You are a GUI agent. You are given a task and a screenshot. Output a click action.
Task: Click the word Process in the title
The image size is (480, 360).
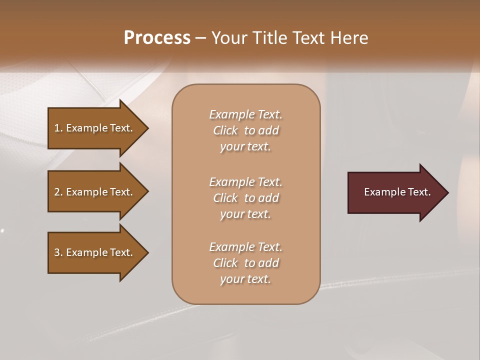pos(157,37)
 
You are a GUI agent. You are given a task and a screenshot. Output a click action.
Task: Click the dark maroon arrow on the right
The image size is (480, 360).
pos(395,192)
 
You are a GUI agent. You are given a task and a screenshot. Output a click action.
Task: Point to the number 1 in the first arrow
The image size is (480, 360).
pos(57,128)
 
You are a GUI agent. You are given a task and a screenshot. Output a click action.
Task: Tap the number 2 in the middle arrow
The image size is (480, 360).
pos(57,192)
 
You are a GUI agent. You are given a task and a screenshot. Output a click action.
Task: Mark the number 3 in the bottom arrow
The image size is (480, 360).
pos(57,252)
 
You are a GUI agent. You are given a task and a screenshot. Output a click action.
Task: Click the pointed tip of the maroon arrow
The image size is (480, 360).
pos(446,192)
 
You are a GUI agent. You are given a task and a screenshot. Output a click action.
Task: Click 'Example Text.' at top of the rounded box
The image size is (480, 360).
pos(245,114)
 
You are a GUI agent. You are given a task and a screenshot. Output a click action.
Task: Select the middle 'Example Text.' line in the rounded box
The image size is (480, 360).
pos(245,181)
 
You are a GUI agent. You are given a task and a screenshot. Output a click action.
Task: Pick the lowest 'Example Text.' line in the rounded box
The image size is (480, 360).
pos(245,247)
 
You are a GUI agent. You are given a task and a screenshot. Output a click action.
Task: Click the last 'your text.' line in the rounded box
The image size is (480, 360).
pos(245,279)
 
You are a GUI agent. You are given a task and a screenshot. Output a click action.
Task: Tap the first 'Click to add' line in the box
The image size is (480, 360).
pos(245,130)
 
